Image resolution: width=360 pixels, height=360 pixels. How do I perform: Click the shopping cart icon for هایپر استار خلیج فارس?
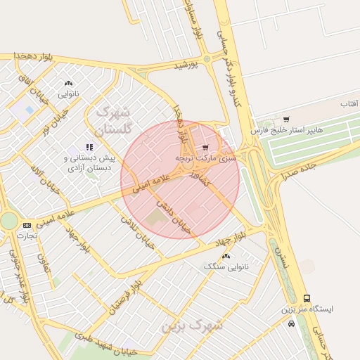[x=285, y=120]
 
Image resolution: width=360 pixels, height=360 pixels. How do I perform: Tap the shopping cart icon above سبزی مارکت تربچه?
[x=205, y=148]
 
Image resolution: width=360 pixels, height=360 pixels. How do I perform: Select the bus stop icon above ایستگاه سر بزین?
[x=306, y=298]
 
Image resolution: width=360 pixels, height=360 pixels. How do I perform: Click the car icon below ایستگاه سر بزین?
[x=291, y=324]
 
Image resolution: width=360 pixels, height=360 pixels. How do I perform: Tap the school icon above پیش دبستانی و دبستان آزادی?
[x=89, y=147]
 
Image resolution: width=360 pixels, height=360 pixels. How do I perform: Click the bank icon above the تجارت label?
[x=27, y=225]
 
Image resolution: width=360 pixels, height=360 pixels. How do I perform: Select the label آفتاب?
[x=349, y=104]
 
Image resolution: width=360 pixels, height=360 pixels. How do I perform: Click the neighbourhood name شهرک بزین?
[x=192, y=326]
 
